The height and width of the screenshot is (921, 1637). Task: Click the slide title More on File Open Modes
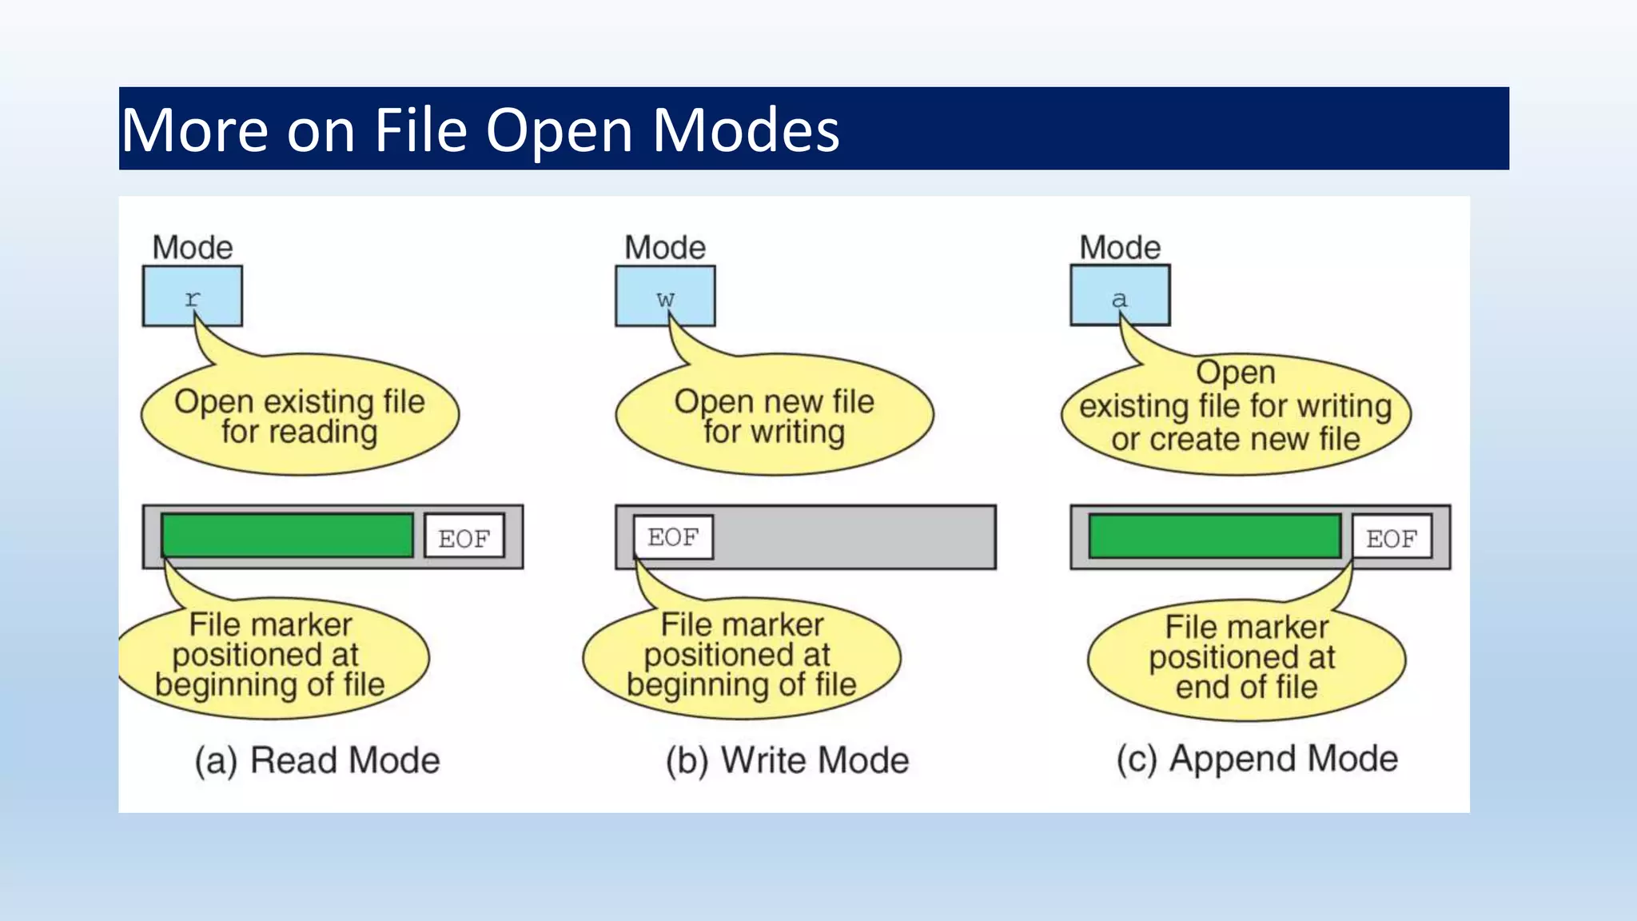[480, 130]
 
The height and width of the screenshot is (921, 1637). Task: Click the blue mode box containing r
[193, 296]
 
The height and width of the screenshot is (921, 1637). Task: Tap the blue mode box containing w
[665, 296]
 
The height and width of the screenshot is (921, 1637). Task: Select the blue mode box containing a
[1120, 296]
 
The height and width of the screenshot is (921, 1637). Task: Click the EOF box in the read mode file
[464, 537]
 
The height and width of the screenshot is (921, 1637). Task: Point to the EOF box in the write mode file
[673, 536]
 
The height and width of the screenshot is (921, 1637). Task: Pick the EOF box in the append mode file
[1392, 537]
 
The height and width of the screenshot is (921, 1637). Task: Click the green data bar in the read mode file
[287, 536]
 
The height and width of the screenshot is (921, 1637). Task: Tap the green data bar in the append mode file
[1214, 536]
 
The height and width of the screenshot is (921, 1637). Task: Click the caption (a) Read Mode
[317, 760]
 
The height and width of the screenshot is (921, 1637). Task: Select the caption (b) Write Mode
[787, 760]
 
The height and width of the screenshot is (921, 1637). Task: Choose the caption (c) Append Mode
[1257, 758]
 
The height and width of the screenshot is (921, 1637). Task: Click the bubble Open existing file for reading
[300, 416]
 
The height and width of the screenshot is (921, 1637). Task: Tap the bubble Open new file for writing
[774, 416]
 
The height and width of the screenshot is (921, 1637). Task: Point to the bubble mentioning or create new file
[1236, 412]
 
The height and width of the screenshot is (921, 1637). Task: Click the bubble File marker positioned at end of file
[1245, 657]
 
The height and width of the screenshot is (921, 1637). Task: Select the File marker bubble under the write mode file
[741, 656]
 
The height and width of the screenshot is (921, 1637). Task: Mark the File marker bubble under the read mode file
[272, 656]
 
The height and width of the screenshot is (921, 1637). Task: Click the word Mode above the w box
[665, 248]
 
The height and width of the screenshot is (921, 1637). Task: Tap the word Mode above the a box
[1120, 248]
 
